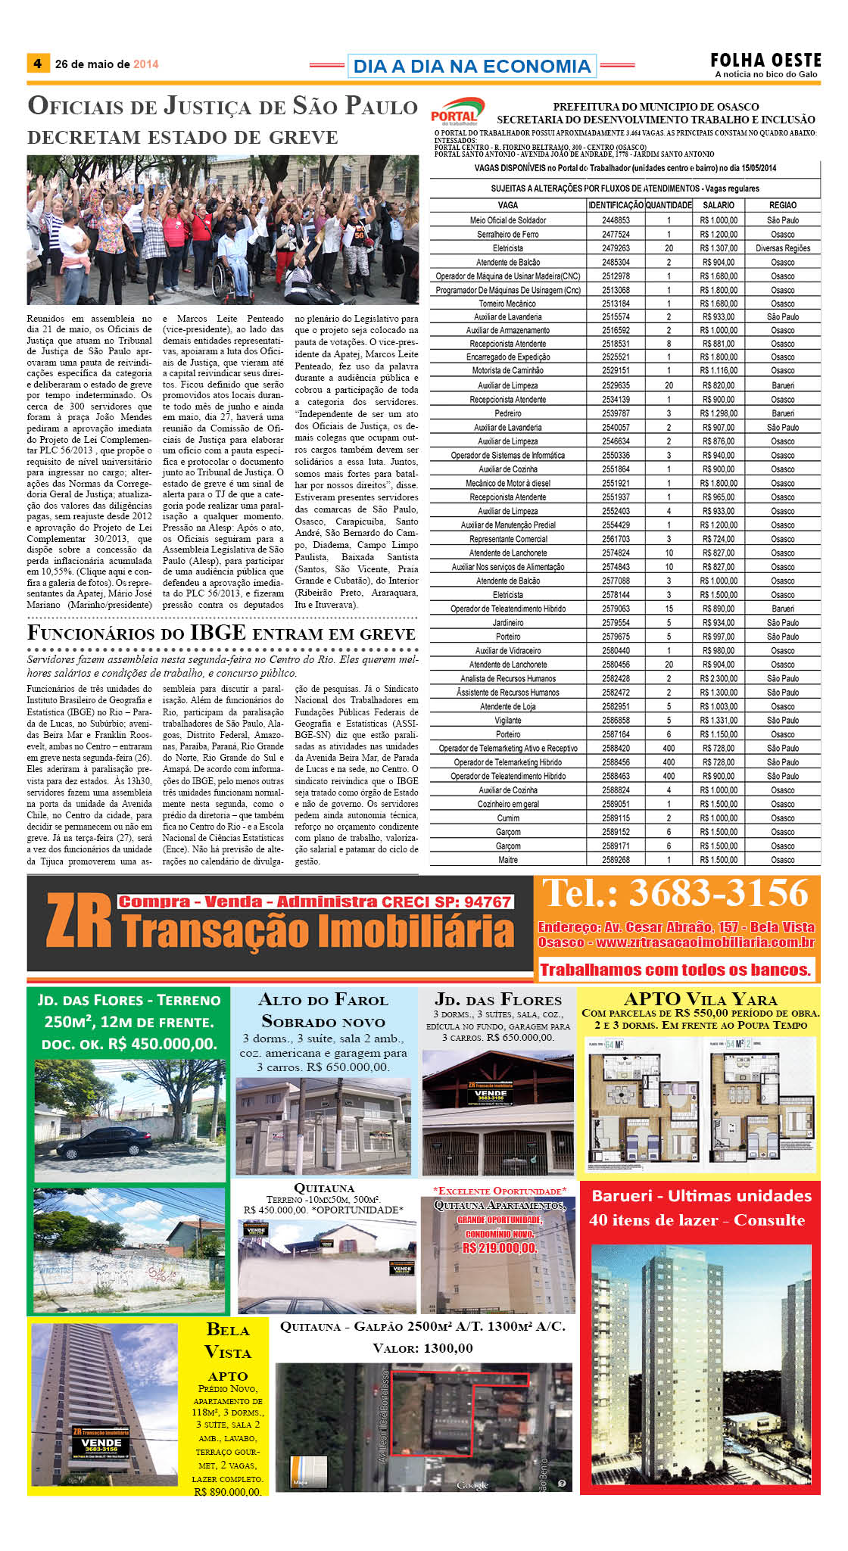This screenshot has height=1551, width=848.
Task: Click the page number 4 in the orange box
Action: [37, 64]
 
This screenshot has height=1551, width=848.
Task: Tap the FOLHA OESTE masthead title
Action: [765, 60]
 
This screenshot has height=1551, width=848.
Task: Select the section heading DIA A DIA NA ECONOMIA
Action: [472, 67]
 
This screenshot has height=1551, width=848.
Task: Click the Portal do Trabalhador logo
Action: [456, 112]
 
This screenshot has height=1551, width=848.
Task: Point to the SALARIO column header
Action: [718, 205]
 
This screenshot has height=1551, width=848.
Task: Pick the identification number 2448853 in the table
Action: [616, 220]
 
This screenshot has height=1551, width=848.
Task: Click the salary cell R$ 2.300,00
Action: [718, 679]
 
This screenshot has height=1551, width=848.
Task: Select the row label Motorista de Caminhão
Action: [507, 371]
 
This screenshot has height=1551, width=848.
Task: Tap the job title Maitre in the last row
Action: [508, 860]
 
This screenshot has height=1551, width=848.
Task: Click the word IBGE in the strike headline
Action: [218, 633]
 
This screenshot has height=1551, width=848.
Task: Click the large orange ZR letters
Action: [79, 922]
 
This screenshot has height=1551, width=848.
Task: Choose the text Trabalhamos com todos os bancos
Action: [675, 970]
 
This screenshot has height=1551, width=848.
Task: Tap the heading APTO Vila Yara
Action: [700, 999]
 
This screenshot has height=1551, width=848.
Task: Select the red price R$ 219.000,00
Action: [499, 1248]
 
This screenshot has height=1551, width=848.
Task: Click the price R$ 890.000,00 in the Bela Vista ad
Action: [227, 1492]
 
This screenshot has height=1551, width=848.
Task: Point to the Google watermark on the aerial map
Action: [472, 1485]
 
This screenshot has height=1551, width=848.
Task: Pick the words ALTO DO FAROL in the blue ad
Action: [323, 1000]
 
